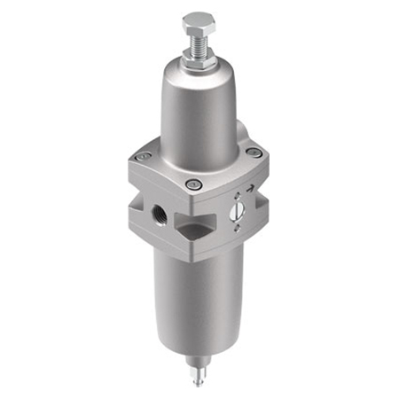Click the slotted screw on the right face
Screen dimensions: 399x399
(237, 211)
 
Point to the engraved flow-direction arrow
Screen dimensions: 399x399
(249, 189)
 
